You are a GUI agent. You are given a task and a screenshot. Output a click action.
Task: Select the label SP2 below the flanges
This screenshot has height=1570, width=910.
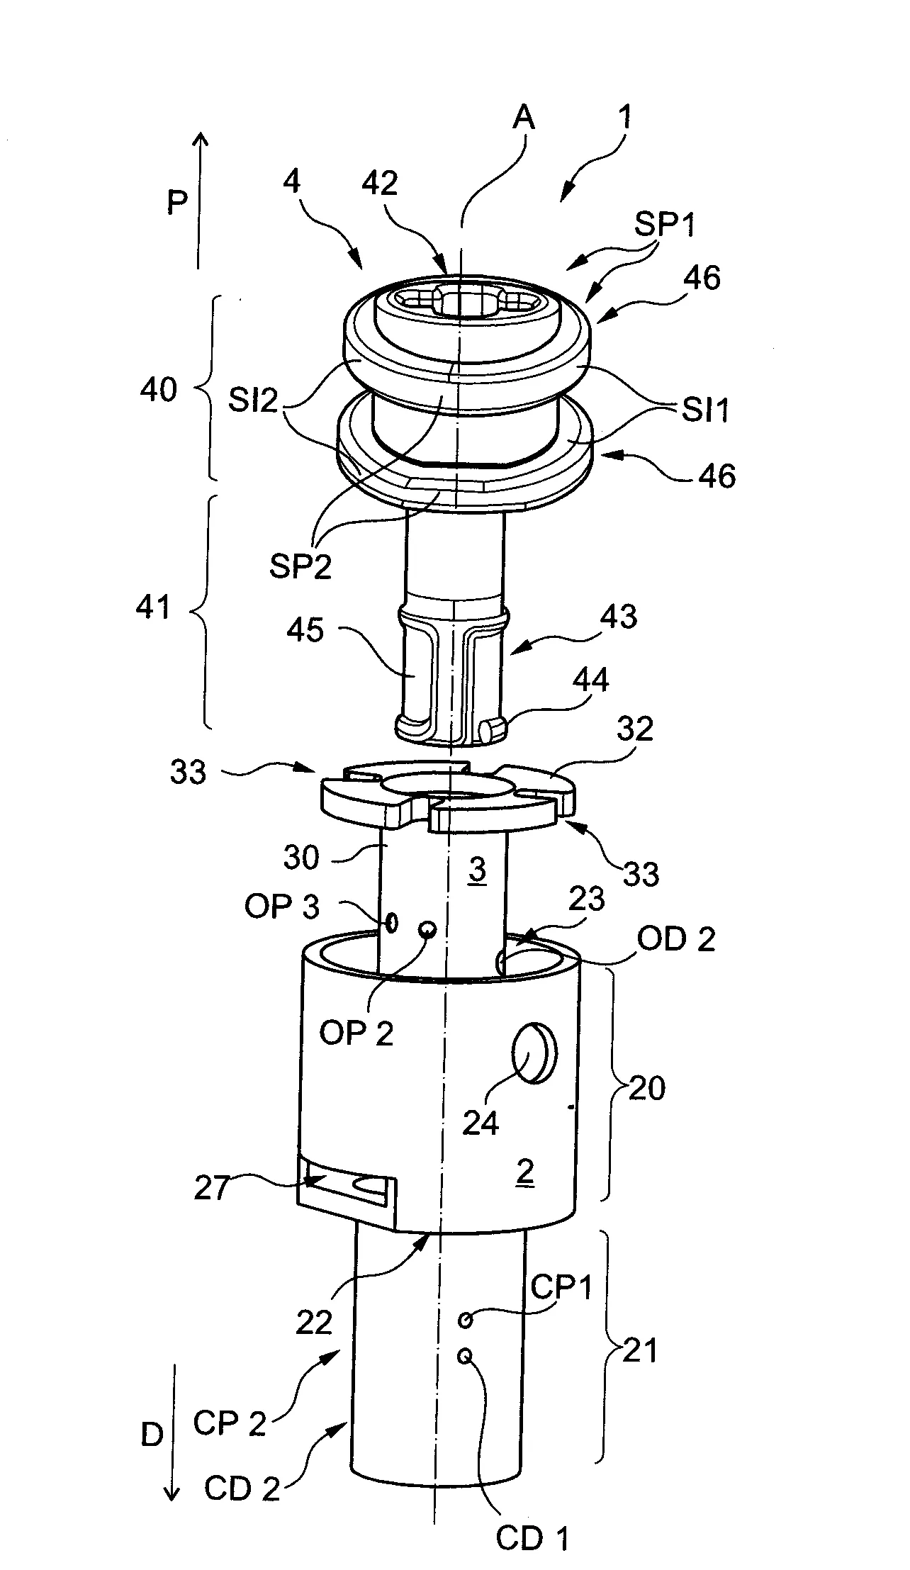click(300, 567)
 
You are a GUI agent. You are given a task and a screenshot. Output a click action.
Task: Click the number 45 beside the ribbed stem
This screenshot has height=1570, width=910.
click(306, 630)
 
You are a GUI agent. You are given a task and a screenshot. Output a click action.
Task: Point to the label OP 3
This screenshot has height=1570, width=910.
click(282, 907)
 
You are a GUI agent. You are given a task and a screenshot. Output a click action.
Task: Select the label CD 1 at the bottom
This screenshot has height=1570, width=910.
click(532, 1537)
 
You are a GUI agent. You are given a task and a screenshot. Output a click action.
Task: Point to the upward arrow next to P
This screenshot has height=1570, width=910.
click(201, 198)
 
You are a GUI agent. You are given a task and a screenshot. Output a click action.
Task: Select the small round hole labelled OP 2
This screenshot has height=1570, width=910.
click(427, 929)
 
